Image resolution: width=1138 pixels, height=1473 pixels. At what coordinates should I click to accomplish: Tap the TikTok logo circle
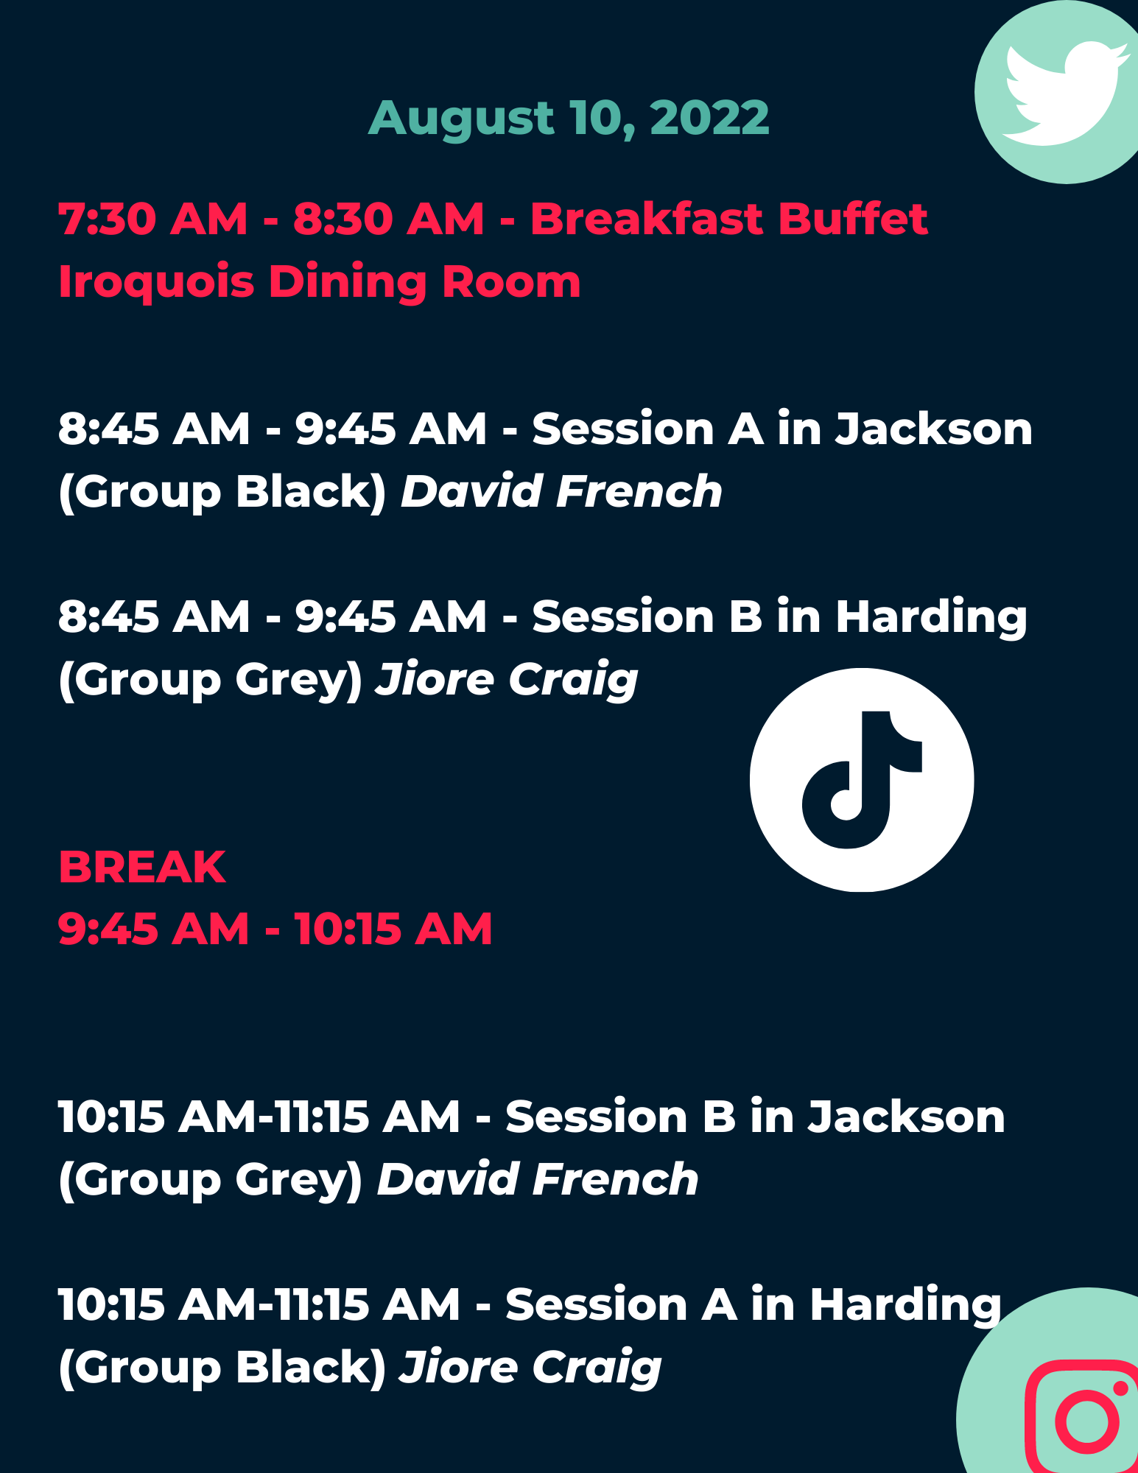(862, 780)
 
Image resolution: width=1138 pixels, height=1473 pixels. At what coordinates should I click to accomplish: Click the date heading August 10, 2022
(569, 119)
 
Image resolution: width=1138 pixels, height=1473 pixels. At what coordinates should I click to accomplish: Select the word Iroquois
(156, 283)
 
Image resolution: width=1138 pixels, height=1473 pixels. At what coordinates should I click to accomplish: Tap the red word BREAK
(142, 867)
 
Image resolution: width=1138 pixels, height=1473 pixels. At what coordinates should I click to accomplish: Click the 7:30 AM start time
(153, 219)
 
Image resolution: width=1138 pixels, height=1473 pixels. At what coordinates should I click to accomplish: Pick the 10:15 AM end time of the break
(393, 929)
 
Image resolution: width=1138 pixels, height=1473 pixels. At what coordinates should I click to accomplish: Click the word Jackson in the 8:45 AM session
(933, 429)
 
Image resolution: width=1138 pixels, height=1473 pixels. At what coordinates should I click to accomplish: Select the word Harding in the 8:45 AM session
(931, 618)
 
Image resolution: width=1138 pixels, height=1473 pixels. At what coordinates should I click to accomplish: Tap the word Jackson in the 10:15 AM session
(907, 1117)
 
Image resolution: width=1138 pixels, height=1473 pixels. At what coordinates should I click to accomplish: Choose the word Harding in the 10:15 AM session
(906, 1306)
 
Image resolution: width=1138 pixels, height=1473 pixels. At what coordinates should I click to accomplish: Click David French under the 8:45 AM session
(561, 491)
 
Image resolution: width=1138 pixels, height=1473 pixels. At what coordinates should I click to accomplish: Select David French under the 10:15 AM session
(538, 1179)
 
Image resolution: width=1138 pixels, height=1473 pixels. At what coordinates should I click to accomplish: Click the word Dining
(348, 283)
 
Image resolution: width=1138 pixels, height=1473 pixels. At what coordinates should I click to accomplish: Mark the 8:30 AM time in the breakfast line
(390, 219)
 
